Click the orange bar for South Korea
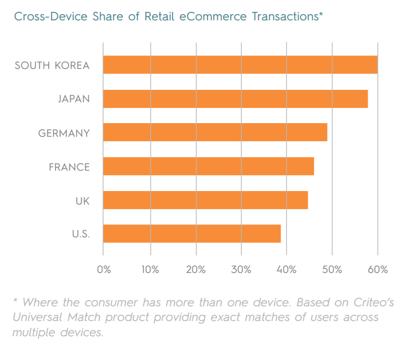(x=240, y=65)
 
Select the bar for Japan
(x=235, y=99)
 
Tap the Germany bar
(x=215, y=133)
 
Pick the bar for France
(x=208, y=167)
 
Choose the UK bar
(x=205, y=200)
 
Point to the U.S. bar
(x=192, y=233)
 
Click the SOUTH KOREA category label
(x=52, y=66)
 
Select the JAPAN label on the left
(x=74, y=99)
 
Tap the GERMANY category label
(x=64, y=133)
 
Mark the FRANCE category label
(x=69, y=167)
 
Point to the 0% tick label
(x=104, y=270)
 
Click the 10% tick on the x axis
(x=150, y=270)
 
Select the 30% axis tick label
(x=241, y=270)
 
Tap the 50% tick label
(x=332, y=270)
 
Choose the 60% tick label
(x=377, y=270)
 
